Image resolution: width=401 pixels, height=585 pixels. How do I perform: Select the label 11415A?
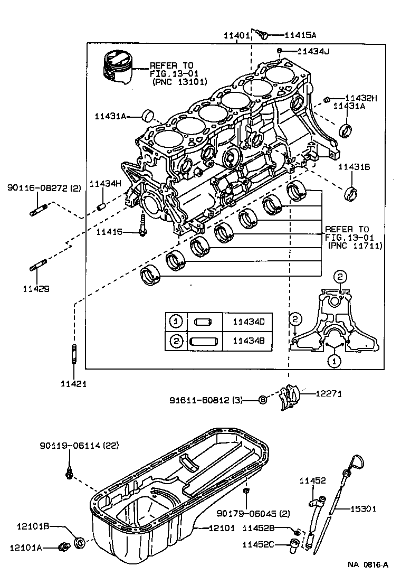click(x=300, y=35)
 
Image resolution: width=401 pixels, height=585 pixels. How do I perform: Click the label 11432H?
click(x=361, y=98)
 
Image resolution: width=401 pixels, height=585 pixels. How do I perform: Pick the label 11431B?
click(x=354, y=166)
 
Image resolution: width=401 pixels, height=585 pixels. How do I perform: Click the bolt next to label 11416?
click(x=142, y=227)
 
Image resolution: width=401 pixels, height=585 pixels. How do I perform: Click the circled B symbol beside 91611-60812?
click(x=263, y=400)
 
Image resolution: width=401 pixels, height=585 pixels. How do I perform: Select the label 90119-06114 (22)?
click(x=79, y=446)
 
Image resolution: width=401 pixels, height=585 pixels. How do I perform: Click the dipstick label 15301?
click(x=364, y=509)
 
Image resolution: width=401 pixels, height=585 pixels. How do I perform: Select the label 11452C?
click(x=259, y=544)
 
